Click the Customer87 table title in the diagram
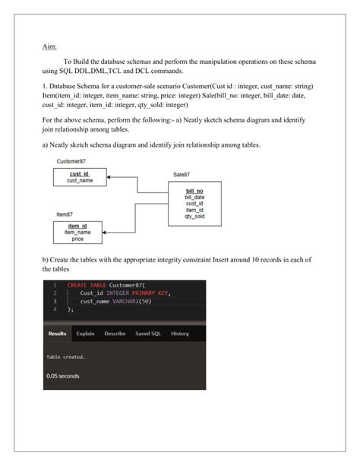[71, 161]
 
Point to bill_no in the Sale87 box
[194, 190]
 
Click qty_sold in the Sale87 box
[194, 217]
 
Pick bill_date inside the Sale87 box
[194, 197]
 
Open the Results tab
[57, 334]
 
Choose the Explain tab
[85, 334]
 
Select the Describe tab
[115, 334]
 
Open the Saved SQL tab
[147, 334]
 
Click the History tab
[180, 334]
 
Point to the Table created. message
[65, 357]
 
